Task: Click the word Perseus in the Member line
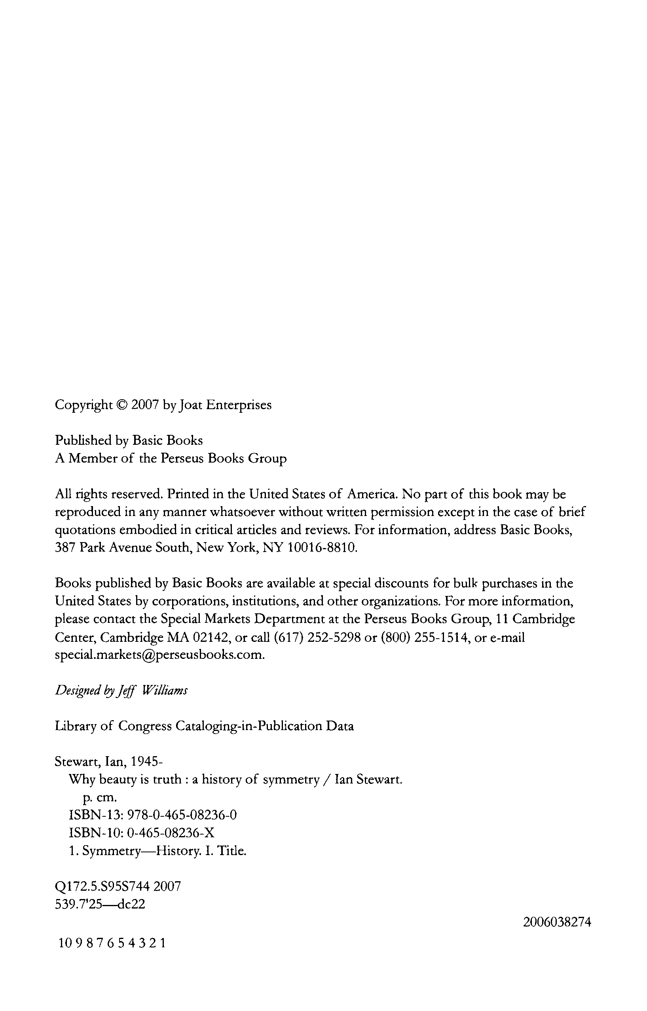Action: coord(183,458)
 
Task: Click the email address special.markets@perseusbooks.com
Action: coord(159,655)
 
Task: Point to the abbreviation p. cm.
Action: coord(97,797)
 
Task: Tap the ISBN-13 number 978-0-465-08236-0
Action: coord(182,815)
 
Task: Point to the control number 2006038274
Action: coord(557,922)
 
